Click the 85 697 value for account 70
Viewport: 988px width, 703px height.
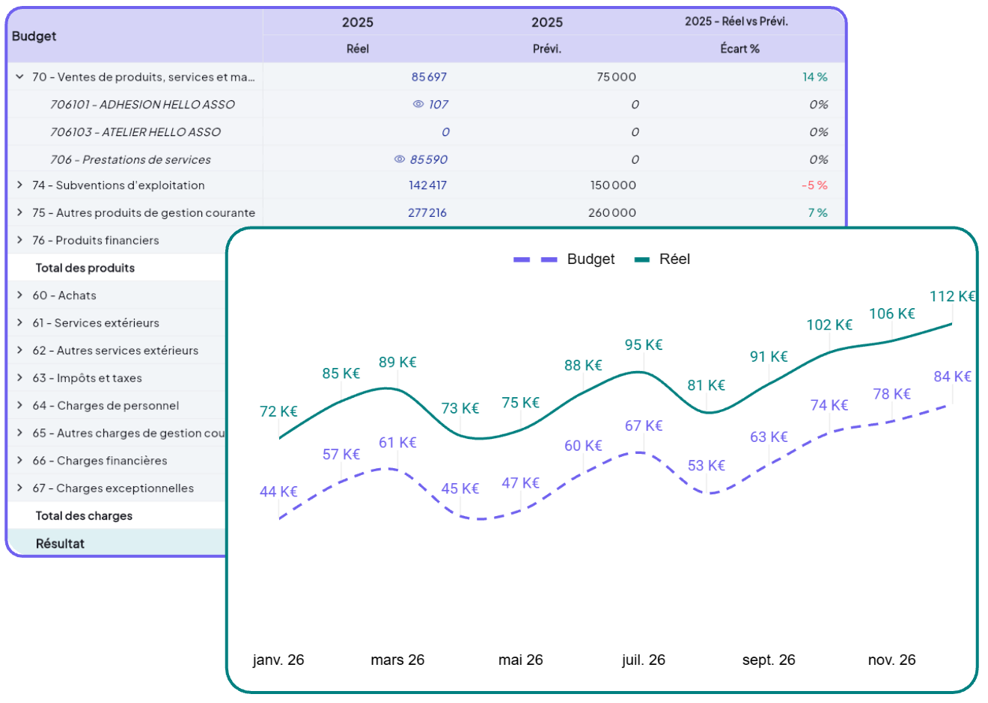tap(429, 77)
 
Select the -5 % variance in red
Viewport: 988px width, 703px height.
tap(814, 185)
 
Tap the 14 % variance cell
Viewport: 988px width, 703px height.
tap(814, 77)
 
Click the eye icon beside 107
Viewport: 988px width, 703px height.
tap(418, 104)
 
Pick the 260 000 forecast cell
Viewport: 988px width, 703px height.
tap(612, 213)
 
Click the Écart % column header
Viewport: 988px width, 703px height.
tap(740, 49)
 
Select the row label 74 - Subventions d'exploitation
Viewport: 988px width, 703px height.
tap(118, 185)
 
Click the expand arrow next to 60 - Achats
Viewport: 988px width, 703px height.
tap(20, 295)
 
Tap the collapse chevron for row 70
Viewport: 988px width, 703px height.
tap(20, 77)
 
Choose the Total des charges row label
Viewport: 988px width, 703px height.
tap(84, 516)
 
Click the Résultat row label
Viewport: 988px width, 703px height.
tap(60, 544)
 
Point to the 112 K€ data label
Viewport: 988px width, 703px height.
tap(952, 296)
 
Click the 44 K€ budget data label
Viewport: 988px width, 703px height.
tap(278, 491)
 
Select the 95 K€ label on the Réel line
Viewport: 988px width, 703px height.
tap(644, 345)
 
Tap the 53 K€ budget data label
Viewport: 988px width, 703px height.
tap(707, 465)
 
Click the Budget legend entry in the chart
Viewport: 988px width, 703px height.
tap(565, 260)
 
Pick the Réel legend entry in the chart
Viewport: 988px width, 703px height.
tap(663, 260)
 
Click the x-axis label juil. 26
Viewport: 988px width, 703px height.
tap(644, 660)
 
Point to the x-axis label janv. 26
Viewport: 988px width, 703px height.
tap(278, 660)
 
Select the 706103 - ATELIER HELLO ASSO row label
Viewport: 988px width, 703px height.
tap(135, 132)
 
